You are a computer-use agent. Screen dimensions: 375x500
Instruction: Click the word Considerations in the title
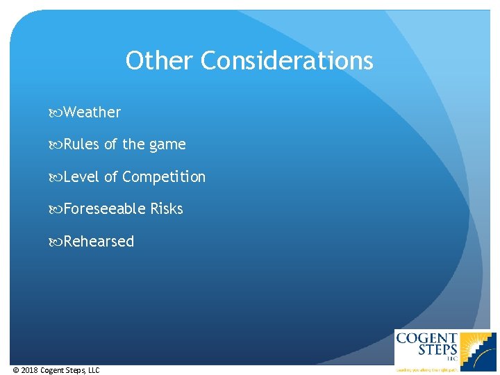287,61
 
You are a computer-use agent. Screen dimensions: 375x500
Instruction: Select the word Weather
92,112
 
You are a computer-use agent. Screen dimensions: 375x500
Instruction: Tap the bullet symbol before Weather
56,112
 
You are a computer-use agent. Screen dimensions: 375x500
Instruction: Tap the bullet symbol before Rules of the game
56,144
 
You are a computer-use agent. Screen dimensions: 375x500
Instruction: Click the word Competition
164,177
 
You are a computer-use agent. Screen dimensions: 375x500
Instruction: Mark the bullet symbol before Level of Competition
56,177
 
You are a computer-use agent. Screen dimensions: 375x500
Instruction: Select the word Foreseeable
104,209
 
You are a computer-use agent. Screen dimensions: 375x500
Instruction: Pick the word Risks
167,209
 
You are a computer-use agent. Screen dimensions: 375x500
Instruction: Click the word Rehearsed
99,242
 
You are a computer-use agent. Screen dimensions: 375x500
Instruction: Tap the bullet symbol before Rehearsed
56,242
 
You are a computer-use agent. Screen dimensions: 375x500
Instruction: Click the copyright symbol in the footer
16,370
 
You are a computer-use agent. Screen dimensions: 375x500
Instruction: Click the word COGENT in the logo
426,339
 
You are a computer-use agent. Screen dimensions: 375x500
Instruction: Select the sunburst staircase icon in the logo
479,349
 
